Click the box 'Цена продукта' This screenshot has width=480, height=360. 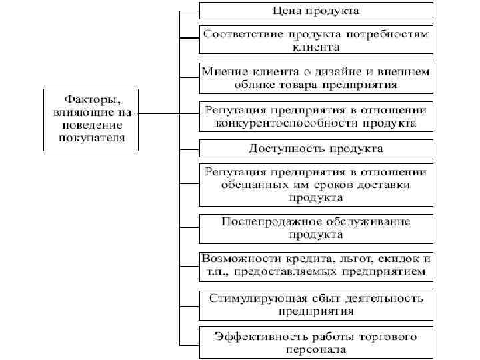click(315, 11)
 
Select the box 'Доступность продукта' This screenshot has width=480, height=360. click(315, 147)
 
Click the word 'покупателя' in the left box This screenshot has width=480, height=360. click(89, 137)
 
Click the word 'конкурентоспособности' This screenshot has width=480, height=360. click(277, 123)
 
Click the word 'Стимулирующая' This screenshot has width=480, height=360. click(249, 297)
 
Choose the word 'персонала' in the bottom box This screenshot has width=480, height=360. click(315, 349)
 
